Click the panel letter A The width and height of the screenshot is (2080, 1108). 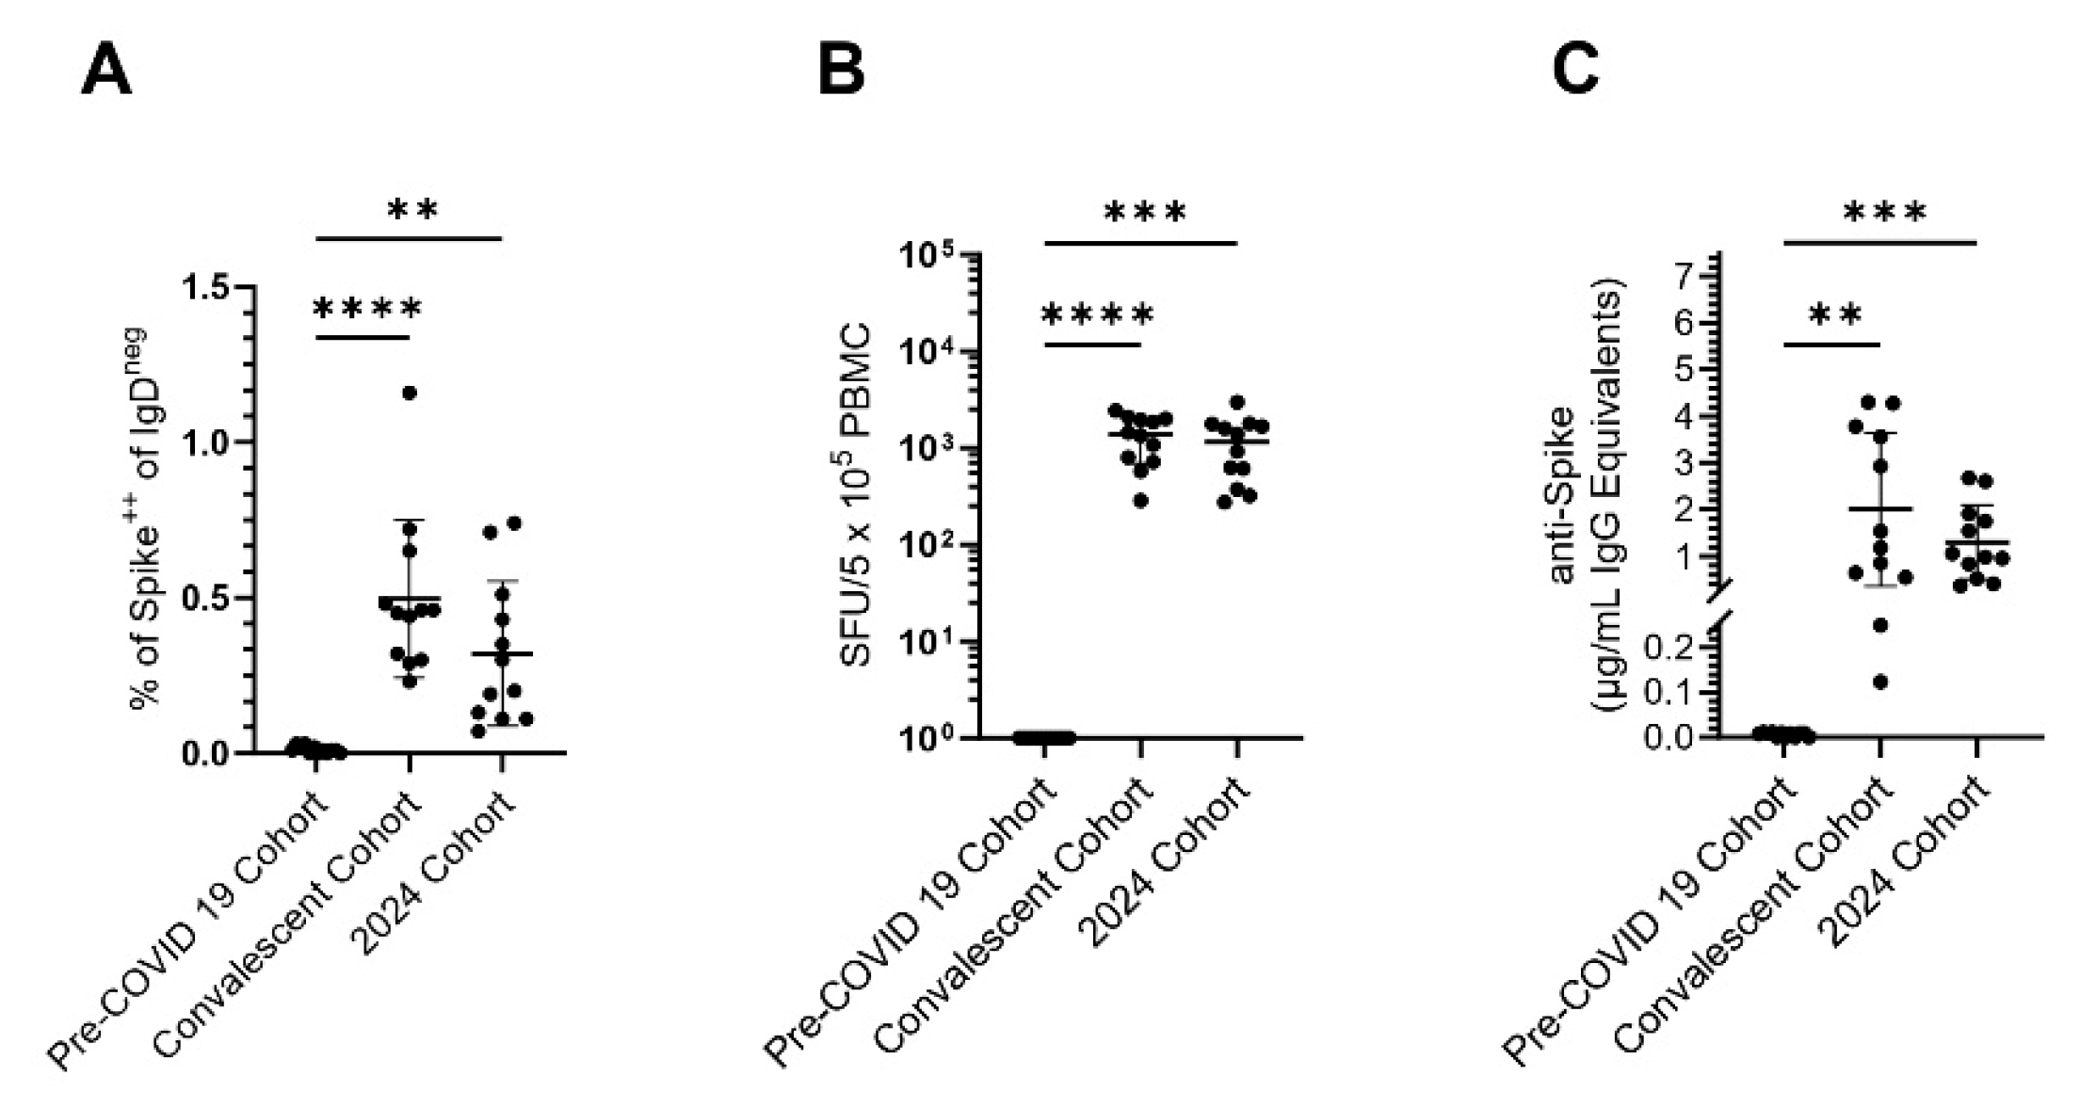[105, 72]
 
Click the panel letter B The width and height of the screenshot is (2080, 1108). [840, 72]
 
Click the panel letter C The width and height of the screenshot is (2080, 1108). [1574, 72]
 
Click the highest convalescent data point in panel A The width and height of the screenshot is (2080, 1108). [410, 393]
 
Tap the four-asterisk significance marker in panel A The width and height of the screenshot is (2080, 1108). [367, 309]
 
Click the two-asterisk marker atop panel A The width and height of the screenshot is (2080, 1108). [412, 210]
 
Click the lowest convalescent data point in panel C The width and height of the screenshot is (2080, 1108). [1880, 682]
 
